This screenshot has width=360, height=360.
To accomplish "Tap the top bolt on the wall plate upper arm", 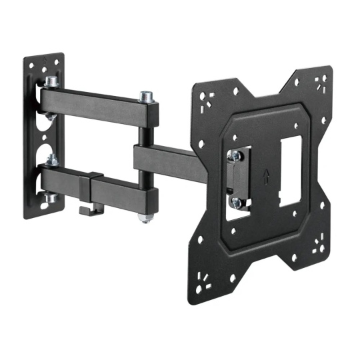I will (51, 82).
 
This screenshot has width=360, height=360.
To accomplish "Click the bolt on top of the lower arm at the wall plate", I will (51, 160).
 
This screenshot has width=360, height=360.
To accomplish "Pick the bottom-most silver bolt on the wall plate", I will (51, 198).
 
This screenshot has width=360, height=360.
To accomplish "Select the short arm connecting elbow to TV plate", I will (167, 159).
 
